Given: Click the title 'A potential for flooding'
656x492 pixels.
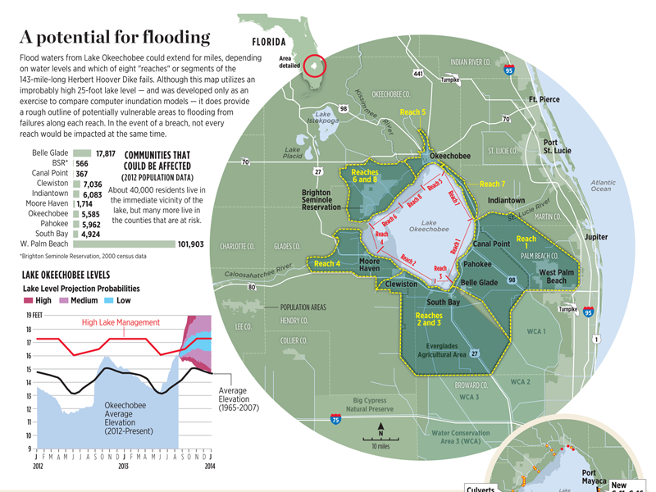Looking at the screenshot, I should (115, 37).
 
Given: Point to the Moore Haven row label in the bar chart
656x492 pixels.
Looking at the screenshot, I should (47, 203).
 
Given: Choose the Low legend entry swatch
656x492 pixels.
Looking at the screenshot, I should (109, 301).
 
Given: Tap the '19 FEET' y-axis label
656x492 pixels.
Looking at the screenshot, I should (33, 315).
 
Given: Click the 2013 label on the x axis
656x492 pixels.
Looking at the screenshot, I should (122, 466).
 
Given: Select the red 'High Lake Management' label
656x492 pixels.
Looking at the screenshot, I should (121, 322).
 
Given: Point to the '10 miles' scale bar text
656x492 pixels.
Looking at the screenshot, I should (381, 447).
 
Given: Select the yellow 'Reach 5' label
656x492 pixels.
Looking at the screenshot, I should (412, 112).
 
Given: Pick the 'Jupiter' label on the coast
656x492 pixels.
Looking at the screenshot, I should (596, 237).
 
